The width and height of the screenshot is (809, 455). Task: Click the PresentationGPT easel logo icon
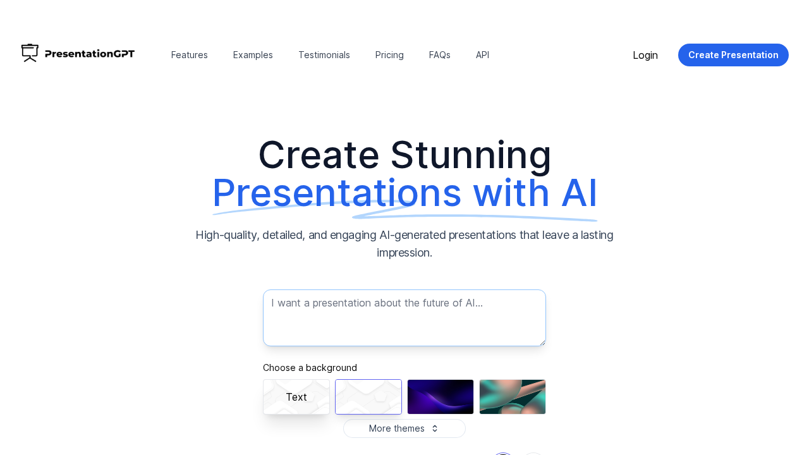click(30, 53)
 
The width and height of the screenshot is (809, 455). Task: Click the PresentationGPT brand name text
click(90, 54)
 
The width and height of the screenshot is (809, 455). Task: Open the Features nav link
click(190, 55)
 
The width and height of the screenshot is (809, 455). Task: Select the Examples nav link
click(253, 55)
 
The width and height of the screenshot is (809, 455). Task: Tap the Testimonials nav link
click(324, 55)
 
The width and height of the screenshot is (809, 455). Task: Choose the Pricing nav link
click(389, 55)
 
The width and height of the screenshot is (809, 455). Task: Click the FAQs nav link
click(440, 55)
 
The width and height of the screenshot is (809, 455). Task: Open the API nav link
click(482, 55)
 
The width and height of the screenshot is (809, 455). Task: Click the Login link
click(645, 55)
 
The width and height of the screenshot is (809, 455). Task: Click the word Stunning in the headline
click(470, 155)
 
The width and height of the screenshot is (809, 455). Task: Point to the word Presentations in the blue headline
click(336, 193)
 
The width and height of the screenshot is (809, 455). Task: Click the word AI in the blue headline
click(578, 193)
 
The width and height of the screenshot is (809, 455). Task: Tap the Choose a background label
click(310, 368)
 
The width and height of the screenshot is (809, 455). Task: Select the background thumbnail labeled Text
click(296, 397)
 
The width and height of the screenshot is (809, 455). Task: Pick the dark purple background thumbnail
click(441, 397)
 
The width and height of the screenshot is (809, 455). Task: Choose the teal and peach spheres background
click(513, 397)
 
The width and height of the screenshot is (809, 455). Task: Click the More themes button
click(404, 428)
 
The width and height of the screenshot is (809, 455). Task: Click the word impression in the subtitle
click(404, 253)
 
